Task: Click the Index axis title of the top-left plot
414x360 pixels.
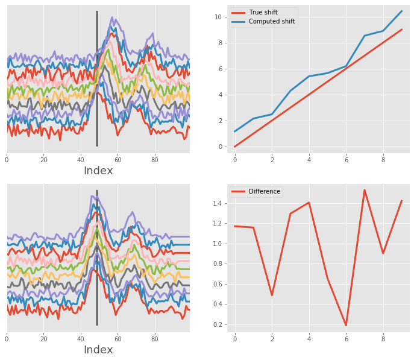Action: point(98,171)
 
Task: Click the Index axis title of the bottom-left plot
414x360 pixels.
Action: point(98,350)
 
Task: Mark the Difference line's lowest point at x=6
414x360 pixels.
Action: point(346,326)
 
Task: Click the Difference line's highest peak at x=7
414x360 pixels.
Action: point(365,190)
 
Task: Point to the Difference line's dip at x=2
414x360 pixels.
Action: point(272,295)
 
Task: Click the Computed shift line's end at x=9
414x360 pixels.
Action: point(401,11)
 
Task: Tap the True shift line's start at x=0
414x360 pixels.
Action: point(235,147)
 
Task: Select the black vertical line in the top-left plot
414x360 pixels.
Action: point(97,78)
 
